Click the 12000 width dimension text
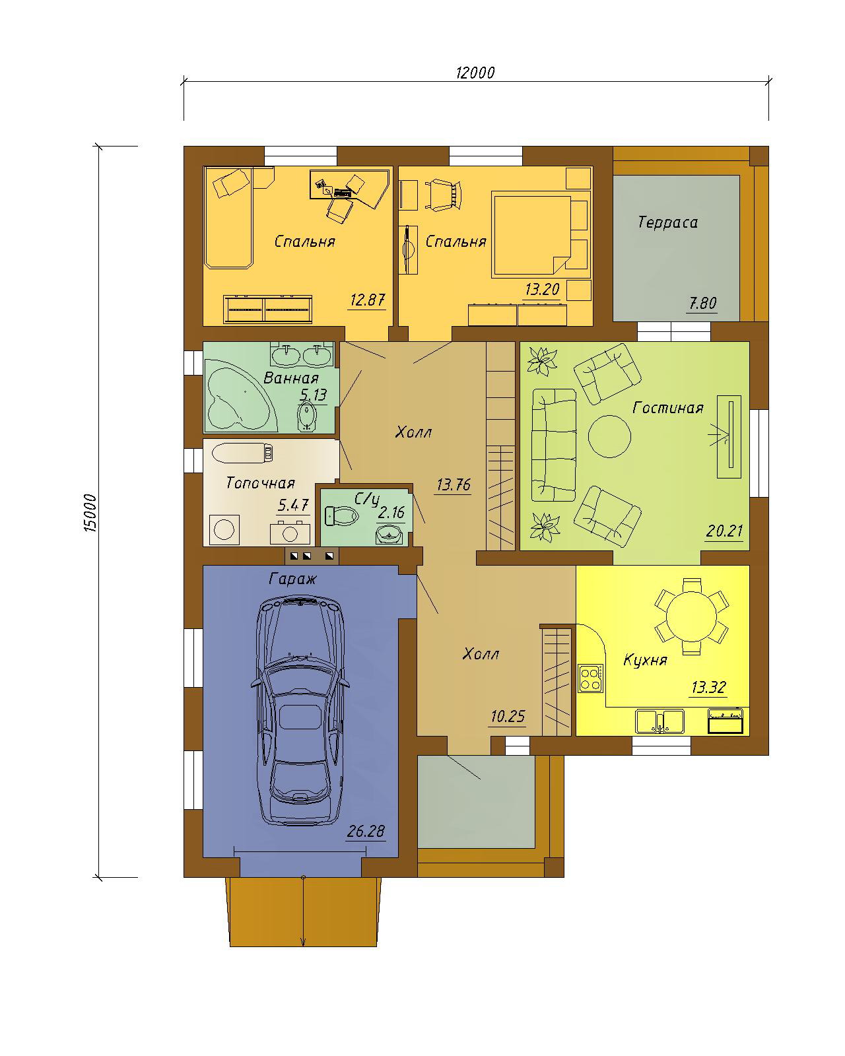click(x=475, y=73)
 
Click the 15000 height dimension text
click(x=90, y=513)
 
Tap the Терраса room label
click(x=667, y=222)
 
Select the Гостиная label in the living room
click(x=668, y=408)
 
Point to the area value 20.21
click(x=724, y=531)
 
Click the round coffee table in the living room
click(x=609, y=436)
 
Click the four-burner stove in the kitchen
click(x=590, y=678)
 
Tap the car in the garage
click(x=300, y=711)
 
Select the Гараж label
click(x=292, y=579)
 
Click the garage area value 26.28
click(x=365, y=831)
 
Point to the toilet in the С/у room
click(x=341, y=515)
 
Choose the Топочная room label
click(x=260, y=483)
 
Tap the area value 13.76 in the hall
click(x=453, y=485)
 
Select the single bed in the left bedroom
click(x=228, y=218)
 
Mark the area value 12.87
click(x=367, y=300)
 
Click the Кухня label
click(x=645, y=660)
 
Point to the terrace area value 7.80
click(x=702, y=303)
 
